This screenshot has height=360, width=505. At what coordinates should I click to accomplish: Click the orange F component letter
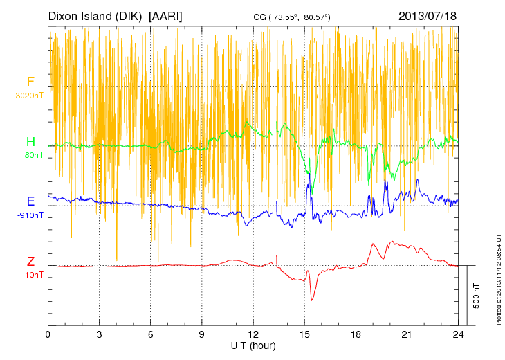pos(30,82)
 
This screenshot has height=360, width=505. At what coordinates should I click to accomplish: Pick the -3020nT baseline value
pos(28,96)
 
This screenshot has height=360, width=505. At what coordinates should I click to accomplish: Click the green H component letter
pos(30,141)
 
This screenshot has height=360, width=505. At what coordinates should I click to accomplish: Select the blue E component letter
pos(30,201)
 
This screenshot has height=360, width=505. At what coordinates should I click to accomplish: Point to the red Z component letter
pos(30,262)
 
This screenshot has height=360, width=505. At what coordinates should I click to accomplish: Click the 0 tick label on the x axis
pos(48,334)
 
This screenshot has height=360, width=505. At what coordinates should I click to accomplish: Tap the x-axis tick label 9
pos(202,334)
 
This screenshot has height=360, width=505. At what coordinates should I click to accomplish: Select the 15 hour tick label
pos(304,334)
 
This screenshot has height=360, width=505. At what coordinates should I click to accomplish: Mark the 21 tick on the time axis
pos(407,334)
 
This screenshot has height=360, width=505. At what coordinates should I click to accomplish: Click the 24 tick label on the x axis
pos(458,334)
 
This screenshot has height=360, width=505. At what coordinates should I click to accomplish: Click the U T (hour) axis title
pos(253,345)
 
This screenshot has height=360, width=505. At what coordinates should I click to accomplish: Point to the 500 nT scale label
pos(476,296)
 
